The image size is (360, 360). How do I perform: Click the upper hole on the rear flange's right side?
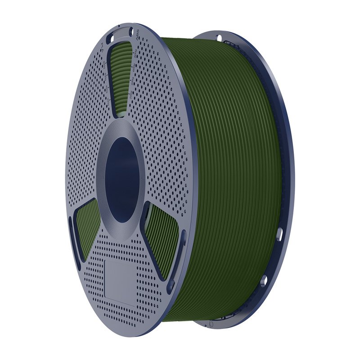280,233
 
